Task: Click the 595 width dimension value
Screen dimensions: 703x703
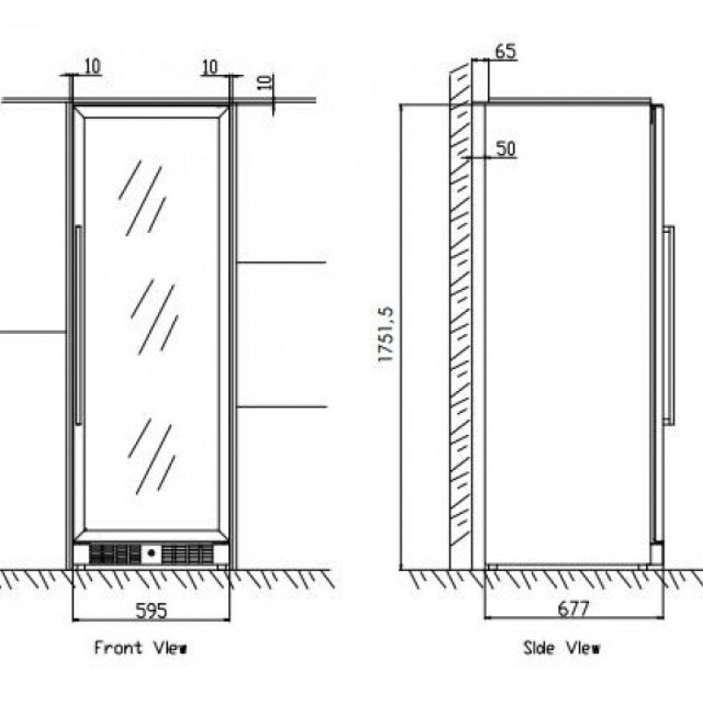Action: click(x=150, y=608)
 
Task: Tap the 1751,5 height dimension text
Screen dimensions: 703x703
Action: click(x=385, y=336)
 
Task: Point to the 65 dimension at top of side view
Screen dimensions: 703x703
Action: click(x=505, y=51)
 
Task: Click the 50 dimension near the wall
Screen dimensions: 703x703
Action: click(x=505, y=149)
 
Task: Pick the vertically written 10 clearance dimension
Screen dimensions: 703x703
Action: click(x=266, y=86)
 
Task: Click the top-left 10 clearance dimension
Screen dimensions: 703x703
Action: click(x=92, y=65)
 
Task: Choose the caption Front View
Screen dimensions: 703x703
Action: click(x=141, y=649)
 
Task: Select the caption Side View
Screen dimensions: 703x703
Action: click(x=562, y=649)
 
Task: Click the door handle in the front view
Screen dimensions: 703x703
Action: click(x=78, y=325)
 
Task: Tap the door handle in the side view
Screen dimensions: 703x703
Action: click(x=669, y=325)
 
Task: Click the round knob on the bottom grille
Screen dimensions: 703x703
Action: click(x=150, y=554)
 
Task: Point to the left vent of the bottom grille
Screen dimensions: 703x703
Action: click(x=114, y=554)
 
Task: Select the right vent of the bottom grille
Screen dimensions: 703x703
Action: click(x=186, y=554)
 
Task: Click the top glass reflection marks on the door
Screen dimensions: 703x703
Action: click(x=143, y=198)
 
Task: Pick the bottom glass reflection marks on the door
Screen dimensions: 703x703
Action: click(x=151, y=453)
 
